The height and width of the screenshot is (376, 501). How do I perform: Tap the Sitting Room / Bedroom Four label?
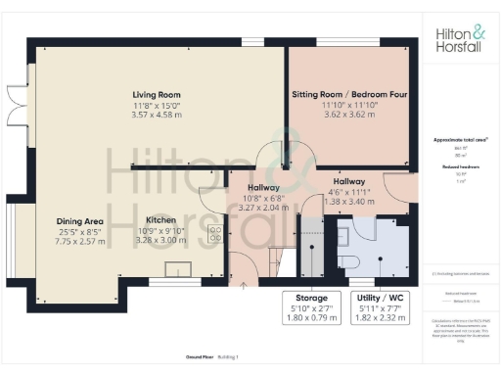[x=349, y=95]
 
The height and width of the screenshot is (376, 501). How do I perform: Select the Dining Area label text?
[x=78, y=221]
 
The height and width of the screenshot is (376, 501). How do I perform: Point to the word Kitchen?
[x=160, y=220]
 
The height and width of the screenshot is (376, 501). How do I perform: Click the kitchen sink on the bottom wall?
[x=179, y=270]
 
